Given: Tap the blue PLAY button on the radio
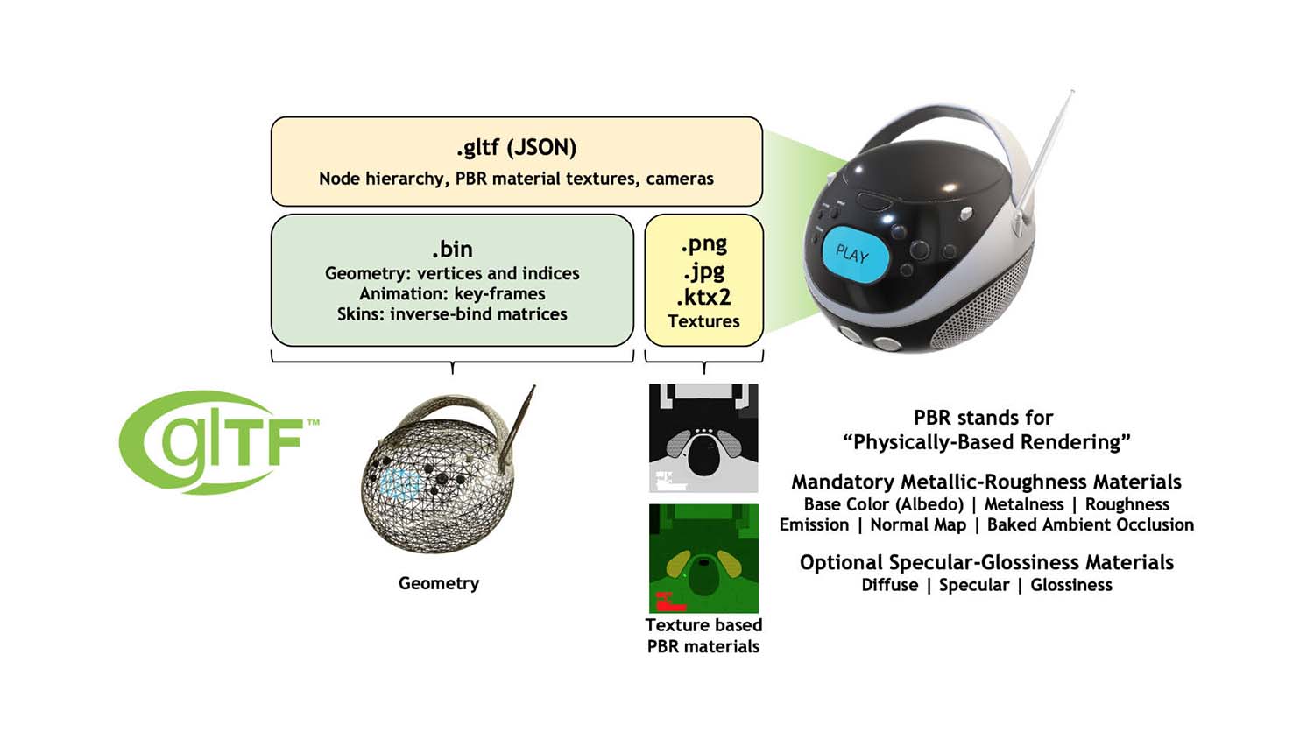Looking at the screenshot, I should tap(854, 255).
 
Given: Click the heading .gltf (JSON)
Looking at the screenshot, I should tap(516, 147).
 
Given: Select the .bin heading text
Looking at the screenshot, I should tap(452, 249).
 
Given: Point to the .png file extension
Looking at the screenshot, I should tap(703, 243).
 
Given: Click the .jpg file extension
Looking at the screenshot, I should tap(703, 271).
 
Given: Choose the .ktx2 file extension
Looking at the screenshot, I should tap(703, 296).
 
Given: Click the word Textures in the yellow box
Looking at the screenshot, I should tap(703, 321).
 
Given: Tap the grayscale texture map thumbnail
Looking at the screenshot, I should tap(703, 438).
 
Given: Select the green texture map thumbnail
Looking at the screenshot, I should tap(703, 558).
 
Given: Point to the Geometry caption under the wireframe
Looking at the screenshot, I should tap(438, 583).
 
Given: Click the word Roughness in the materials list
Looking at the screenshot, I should tap(1127, 504).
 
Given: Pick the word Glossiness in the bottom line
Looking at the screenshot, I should tap(1070, 585).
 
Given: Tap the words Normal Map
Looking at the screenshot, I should tap(917, 525).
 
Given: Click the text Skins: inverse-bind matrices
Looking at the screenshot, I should tap(452, 314).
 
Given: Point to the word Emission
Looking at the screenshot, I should tap(814, 525).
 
